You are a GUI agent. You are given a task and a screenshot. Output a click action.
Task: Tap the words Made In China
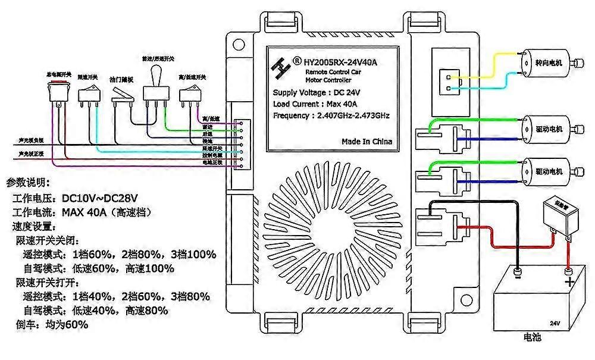(367, 142)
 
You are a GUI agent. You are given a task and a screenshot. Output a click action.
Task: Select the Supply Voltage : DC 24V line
(317, 92)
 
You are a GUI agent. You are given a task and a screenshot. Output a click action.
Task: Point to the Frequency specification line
(331, 115)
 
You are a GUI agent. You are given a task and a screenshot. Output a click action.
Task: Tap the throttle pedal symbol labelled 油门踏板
(124, 95)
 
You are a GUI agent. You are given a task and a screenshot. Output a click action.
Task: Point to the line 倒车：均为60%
(50, 325)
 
